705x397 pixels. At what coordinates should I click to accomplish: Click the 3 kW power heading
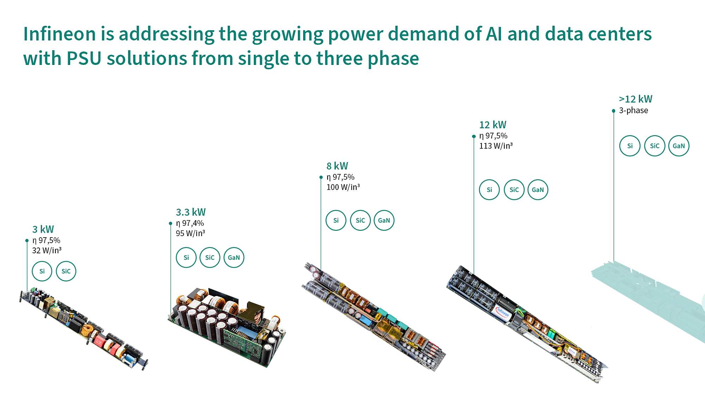pos(43,229)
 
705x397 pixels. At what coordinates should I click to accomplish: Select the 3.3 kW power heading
pos(191,212)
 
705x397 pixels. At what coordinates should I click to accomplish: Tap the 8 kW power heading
pos(337,166)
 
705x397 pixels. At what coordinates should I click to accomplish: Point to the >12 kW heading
pos(636,99)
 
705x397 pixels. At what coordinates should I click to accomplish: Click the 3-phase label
pos(633,110)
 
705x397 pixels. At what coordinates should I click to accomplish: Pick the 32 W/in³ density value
pos(47,251)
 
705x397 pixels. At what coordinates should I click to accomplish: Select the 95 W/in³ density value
pos(190,233)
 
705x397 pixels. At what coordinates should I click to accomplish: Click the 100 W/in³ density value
pos(343,187)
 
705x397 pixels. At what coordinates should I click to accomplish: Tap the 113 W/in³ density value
pos(496,146)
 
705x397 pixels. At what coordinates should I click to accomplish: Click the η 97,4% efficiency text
pos(190,223)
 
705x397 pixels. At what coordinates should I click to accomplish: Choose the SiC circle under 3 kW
pos(66,271)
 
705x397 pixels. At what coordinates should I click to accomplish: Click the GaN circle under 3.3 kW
pos(234,258)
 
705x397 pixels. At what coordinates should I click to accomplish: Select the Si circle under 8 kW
pos(336,220)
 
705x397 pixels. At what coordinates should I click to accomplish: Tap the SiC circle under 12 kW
pos(514,190)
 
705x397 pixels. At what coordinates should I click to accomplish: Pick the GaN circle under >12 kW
pos(679,146)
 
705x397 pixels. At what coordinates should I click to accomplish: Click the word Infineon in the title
pos(60,34)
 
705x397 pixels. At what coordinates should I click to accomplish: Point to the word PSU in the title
pos(84,59)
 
